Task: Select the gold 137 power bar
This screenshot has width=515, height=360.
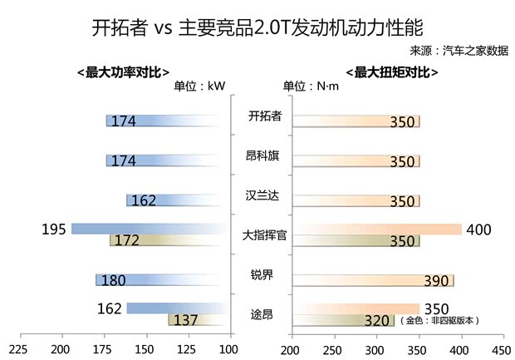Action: tap(197, 320)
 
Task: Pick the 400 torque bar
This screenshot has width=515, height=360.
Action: tap(375, 229)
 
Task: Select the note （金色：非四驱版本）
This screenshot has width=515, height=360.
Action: tap(439, 320)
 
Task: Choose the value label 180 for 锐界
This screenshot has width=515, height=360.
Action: tap(113, 281)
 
